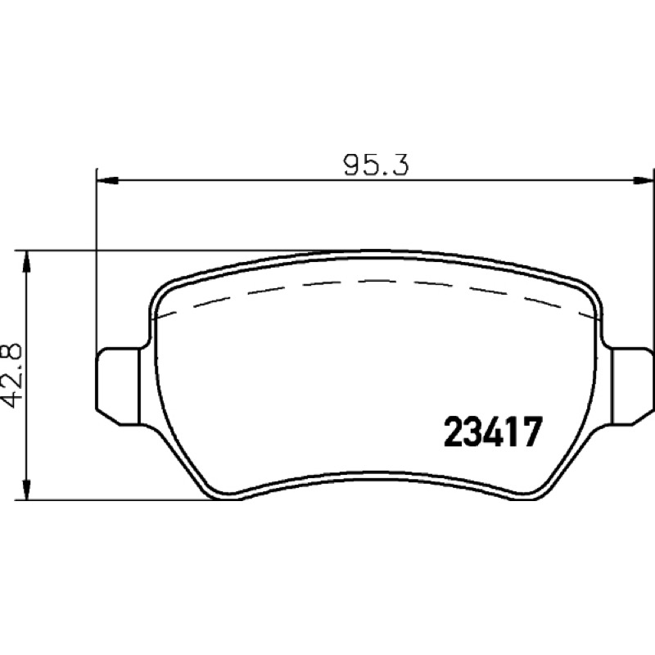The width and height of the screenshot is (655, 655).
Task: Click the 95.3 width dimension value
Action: click(x=376, y=165)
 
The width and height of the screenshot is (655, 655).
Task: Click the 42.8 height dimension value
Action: click(x=11, y=375)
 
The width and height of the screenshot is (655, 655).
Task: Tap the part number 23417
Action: click(x=493, y=432)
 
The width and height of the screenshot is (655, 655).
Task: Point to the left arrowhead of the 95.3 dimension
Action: click(x=107, y=180)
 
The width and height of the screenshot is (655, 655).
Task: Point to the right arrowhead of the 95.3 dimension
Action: click(x=643, y=180)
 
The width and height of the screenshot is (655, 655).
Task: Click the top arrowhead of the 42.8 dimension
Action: click(x=27, y=261)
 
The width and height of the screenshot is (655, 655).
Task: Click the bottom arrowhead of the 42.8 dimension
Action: click(x=27, y=489)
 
